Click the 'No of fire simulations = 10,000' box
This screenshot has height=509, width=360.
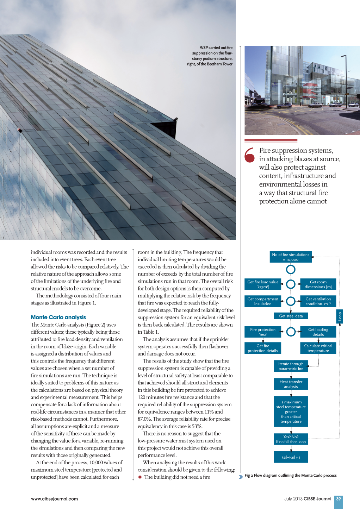[x=291, y=257]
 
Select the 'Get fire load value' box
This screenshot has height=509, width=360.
[x=263, y=284]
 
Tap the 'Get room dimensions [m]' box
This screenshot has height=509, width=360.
[x=318, y=284]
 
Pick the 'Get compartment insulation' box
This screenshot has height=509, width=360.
[x=263, y=301]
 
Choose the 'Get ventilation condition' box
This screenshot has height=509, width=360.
[x=318, y=301]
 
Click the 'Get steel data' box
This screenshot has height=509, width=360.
[x=291, y=316]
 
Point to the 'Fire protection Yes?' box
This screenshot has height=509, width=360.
[x=263, y=332]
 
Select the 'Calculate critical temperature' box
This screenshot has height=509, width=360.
[x=318, y=348]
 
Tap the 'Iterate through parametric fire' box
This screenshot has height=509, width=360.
[x=291, y=366]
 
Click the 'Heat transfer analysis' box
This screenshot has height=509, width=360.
[x=291, y=384]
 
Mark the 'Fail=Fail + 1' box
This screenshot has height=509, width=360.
[x=291, y=457]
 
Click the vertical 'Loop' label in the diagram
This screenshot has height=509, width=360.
[x=340, y=316]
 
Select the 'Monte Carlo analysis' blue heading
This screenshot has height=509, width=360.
[x=58, y=317]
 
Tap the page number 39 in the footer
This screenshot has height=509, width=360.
[x=339, y=499]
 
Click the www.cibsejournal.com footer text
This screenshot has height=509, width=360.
[x=54, y=499]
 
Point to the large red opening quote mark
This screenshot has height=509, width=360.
[x=250, y=155]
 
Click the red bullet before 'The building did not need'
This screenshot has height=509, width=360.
[x=140, y=477]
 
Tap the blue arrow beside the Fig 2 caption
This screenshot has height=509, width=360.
[x=241, y=477]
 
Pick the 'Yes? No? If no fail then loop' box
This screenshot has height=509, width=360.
[x=291, y=439]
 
